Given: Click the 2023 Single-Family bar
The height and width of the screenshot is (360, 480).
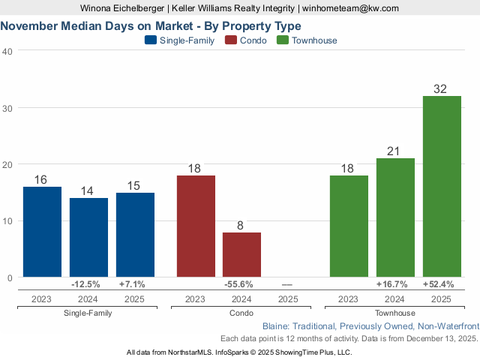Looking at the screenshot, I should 42,232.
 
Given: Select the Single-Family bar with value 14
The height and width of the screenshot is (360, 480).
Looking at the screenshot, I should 88,238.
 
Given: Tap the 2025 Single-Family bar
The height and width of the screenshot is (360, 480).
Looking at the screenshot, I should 135,235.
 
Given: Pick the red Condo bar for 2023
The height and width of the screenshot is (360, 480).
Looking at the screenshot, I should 196,226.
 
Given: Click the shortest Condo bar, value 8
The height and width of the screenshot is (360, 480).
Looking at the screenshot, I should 241,255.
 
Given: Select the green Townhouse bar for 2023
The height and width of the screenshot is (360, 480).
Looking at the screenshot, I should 349,226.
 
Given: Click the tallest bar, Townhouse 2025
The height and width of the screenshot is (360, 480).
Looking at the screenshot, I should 442,187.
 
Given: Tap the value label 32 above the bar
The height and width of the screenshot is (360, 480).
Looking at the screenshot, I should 440,89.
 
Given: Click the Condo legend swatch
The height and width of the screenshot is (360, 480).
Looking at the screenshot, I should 232,40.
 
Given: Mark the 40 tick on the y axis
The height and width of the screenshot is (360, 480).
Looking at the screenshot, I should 7,51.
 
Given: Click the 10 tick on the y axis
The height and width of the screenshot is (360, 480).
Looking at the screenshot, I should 7,221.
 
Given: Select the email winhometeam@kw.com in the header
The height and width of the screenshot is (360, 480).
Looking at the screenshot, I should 350,8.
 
